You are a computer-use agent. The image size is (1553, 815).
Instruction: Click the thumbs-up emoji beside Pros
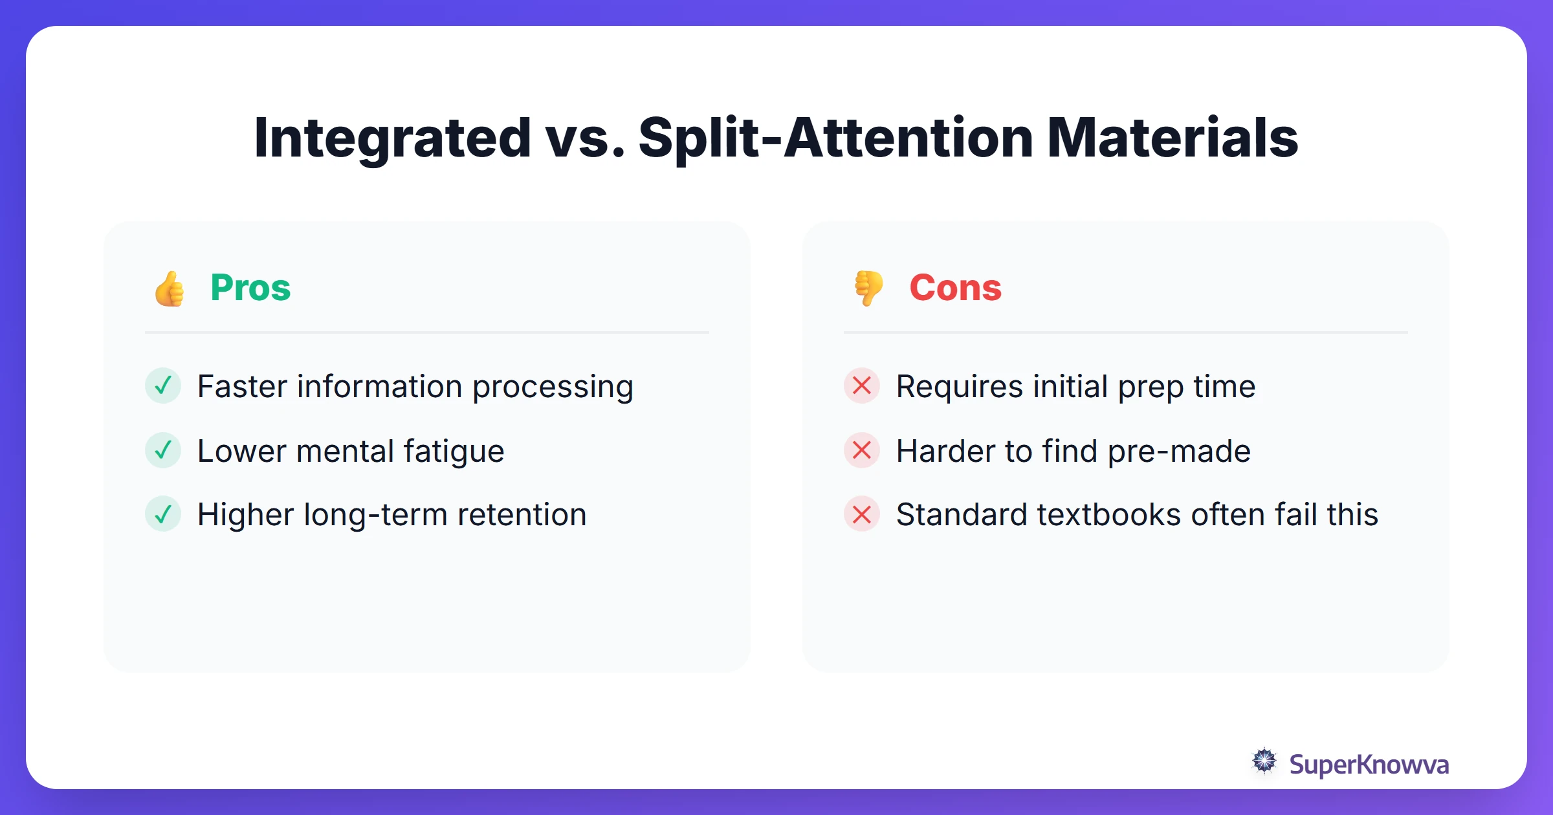click(170, 288)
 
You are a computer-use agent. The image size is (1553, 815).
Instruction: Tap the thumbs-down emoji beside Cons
click(868, 288)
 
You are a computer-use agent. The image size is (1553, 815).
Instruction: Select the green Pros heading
click(250, 288)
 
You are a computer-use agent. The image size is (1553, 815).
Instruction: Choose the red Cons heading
click(955, 288)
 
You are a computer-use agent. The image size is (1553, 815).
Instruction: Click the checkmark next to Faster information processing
click(163, 386)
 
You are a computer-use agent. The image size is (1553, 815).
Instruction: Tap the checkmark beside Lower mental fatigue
click(163, 450)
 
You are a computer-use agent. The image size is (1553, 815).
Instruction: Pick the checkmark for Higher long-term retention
click(163, 514)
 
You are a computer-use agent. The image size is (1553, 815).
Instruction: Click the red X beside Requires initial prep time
click(862, 386)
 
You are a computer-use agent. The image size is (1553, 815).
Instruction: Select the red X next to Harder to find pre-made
click(862, 450)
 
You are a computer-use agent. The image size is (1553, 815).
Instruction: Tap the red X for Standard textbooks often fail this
click(862, 514)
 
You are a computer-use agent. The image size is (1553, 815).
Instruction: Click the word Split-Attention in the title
click(835, 138)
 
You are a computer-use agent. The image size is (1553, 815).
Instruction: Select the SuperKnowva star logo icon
click(1264, 761)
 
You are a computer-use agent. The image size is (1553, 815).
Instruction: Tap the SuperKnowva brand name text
click(1369, 765)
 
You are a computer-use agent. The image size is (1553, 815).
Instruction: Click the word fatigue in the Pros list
click(454, 451)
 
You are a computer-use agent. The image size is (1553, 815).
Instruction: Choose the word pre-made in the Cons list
click(1179, 451)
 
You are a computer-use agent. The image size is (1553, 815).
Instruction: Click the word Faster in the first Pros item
click(243, 387)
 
